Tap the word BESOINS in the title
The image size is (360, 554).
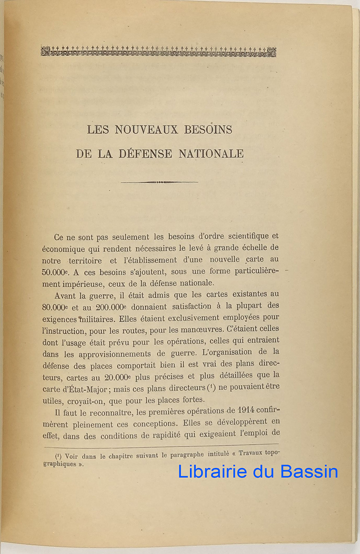click(208, 130)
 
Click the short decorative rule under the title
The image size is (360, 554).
click(159, 182)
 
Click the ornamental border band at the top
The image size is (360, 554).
click(158, 51)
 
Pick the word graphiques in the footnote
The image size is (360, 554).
click(60, 464)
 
